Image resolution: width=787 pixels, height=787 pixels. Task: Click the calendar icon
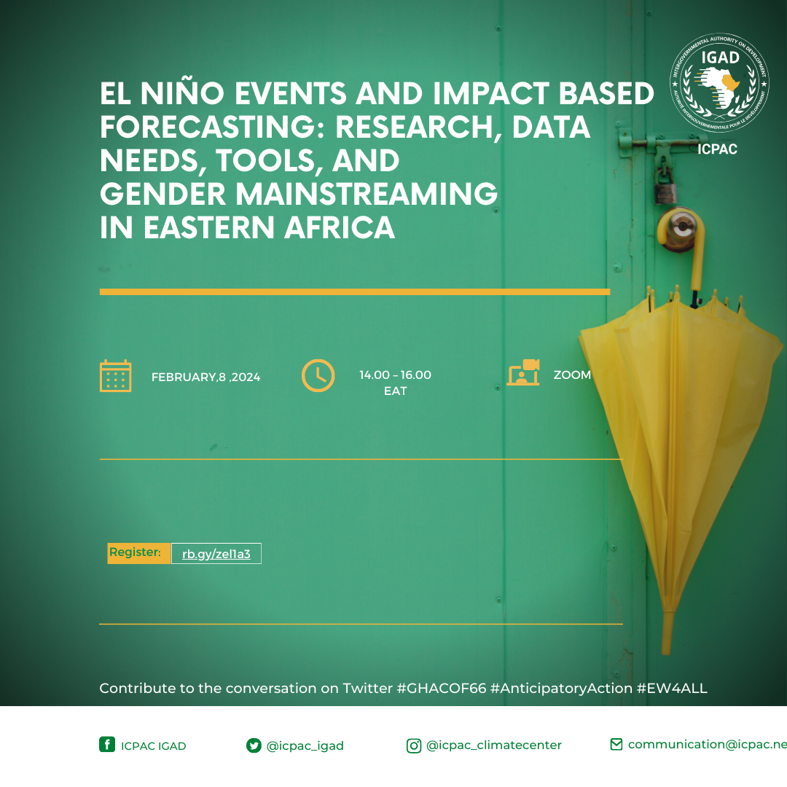[115, 376]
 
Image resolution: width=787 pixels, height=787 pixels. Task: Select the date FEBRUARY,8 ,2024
[205, 377]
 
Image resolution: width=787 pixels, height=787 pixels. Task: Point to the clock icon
[318, 376]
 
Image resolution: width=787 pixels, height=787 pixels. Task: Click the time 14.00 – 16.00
[395, 375]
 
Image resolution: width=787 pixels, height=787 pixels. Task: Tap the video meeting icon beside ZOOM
[522, 372]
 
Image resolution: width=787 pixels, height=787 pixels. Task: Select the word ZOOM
[572, 375]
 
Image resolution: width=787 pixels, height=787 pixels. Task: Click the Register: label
[136, 552]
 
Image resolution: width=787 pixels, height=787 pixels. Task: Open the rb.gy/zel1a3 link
[216, 554]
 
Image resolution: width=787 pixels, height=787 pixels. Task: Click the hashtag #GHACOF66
[441, 689]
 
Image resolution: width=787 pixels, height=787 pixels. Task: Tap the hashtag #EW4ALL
[672, 689]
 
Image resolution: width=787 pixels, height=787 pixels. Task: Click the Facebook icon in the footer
[107, 744]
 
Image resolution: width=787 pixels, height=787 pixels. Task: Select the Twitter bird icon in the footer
[254, 745]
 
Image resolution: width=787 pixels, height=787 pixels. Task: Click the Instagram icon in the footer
[414, 745]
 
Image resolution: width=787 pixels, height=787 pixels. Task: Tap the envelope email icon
[616, 744]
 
